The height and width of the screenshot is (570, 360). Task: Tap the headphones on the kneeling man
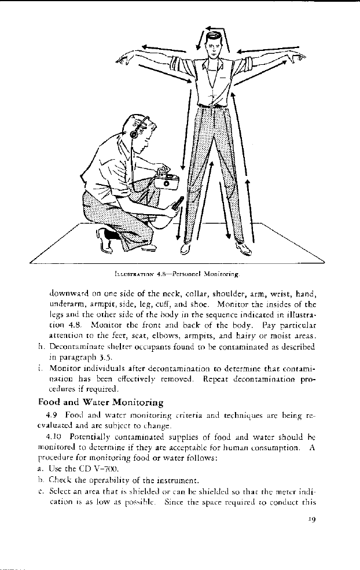134,131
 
